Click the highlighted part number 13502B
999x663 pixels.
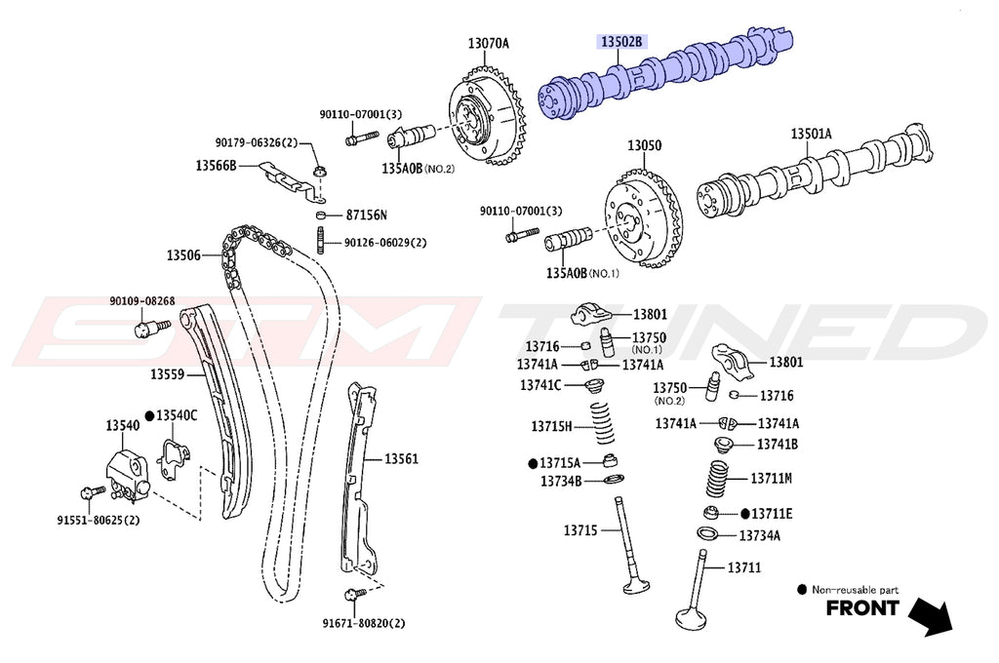tap(621, 42)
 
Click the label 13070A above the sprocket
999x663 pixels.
tap(489, 43)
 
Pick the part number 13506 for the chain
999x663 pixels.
tap(182, 255)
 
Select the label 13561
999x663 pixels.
tap(400, 458)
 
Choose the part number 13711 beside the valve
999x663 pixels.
tap(743, 567)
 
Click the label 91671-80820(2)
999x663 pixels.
tap(364, 623)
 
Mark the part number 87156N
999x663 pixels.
tap(366, 214)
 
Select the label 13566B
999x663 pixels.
tap(216, 166)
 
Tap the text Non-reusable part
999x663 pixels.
tap(855, 590)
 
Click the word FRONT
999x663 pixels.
tap(862, 609)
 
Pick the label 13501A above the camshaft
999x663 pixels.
tap(811, 134)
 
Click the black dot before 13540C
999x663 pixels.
tap(149, 415)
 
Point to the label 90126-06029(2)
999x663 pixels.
tap(386, 243)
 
